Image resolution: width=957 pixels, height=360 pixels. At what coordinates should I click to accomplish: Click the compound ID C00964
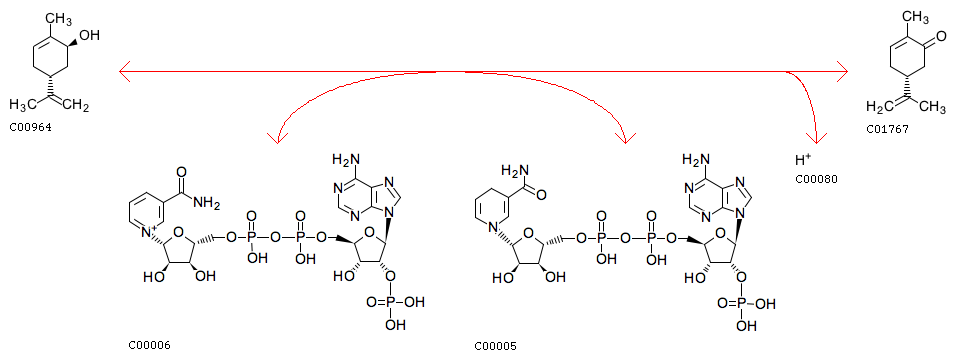point(31,129)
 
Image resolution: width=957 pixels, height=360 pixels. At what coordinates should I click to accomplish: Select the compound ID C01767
point(887,130)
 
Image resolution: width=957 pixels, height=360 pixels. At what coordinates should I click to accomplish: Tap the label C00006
point(149,345)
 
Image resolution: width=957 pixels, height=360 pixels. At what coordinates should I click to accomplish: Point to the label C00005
point(496,347)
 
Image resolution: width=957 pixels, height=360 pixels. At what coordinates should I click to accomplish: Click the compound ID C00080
point(816,179)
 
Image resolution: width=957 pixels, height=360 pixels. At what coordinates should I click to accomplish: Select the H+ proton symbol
point(803,160)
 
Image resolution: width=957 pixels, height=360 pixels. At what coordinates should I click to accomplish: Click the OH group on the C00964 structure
point(89,35)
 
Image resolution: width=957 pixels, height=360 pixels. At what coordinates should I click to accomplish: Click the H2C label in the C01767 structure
point(879,107)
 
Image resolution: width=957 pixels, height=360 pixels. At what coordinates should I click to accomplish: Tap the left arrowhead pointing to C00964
point(126,71)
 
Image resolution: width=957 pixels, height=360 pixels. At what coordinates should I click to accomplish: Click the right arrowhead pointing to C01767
point(842,71)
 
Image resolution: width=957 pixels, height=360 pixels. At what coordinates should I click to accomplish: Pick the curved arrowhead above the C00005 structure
point(624,135)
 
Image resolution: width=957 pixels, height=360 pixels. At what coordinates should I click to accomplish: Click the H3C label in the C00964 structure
point(23,106)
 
